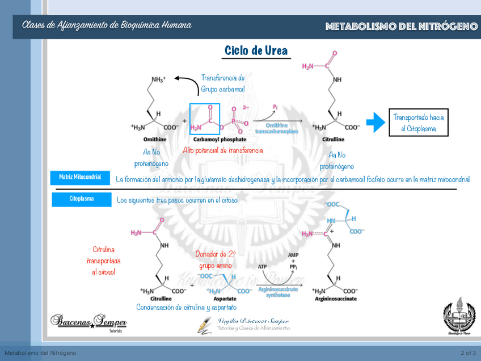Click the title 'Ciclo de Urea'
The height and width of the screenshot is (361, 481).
(256, 51)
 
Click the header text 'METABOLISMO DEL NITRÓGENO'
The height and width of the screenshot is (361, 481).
(401, 27)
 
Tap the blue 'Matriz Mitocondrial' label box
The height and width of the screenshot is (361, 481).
(80, 178)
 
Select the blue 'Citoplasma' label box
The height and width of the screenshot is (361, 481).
(82, 199)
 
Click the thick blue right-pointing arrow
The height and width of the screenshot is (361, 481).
(375, 121)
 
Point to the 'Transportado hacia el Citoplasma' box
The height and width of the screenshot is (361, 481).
(419, 123)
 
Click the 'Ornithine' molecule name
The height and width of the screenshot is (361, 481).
(155, 139)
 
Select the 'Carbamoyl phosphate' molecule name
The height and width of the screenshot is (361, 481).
(220, 139)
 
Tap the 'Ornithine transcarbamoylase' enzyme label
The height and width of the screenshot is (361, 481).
(276, 128)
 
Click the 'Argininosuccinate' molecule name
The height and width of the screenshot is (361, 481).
(335, 299)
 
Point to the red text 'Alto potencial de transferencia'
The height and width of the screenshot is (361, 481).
(223, 150)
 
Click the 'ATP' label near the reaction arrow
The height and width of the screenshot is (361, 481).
(263, 266)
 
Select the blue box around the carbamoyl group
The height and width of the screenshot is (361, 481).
(205, 119)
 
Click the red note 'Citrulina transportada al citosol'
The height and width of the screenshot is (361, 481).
(103, 261)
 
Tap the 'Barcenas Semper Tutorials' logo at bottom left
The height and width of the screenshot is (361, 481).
(88, 322)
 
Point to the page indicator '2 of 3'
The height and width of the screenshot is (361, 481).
(468, 353)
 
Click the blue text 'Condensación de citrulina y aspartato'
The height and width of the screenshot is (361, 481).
(186, 307)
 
